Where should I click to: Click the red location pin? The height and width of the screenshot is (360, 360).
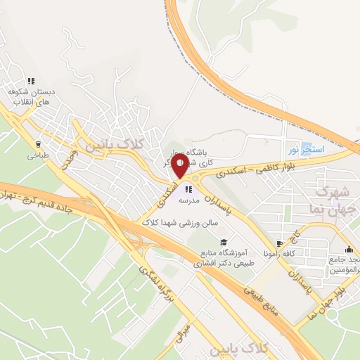click(x=179, y=167)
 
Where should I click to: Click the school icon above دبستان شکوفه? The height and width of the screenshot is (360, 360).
click(x=30, y=81)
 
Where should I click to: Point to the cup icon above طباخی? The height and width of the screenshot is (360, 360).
click(x=37, y=144)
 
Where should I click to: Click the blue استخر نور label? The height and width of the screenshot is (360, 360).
click(x=304, y=150)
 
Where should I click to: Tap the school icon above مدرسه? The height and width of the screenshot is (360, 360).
click(x=188, y=188)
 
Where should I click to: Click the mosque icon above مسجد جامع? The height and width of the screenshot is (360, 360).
click(x=349, y=249)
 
